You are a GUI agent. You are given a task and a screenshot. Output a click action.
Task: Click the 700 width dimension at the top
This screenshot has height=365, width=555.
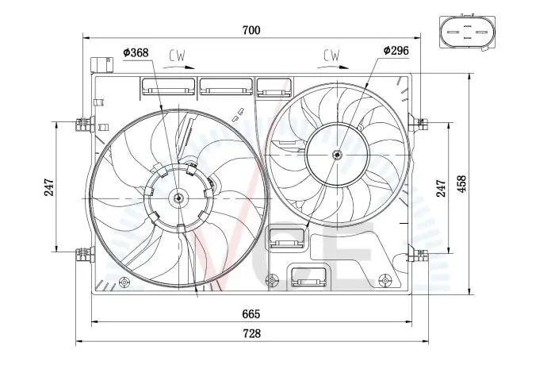(251, 30)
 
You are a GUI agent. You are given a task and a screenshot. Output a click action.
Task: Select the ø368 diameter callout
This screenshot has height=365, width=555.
(136, 52)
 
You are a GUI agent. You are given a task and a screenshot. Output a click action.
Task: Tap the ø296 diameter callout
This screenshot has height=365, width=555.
(395, 51)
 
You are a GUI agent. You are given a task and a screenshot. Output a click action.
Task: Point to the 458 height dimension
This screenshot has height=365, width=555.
(462, 185)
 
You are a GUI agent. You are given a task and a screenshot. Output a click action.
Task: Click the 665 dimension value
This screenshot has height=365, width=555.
(251, 313)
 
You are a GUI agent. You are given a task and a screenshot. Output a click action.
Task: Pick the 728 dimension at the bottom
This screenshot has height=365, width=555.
(251, 333)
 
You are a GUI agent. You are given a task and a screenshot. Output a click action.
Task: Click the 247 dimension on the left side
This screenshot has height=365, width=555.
(49, 187)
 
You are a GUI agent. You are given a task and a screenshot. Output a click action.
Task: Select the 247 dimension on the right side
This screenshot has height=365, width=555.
(442, 187)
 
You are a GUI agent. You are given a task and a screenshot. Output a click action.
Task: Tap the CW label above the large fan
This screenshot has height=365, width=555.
(178, 56)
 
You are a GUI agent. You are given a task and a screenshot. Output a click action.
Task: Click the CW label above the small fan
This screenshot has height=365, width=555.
(331, 55)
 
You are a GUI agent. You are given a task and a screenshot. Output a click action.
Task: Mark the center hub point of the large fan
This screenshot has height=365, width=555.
(179, 198)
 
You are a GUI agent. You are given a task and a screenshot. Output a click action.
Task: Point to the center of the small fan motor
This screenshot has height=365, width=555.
(337, 155)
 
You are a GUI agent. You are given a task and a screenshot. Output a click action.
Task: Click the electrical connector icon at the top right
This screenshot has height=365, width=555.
(467, 33)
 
